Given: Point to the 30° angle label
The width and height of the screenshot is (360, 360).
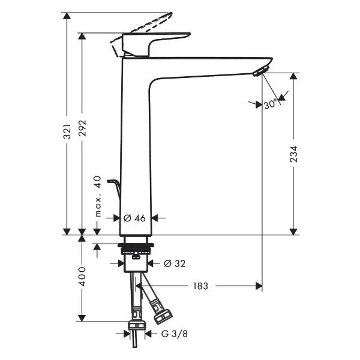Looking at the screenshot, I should click(x=271, y=105).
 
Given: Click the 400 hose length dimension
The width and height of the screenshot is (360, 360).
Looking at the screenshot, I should click(x=83, y=276).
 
